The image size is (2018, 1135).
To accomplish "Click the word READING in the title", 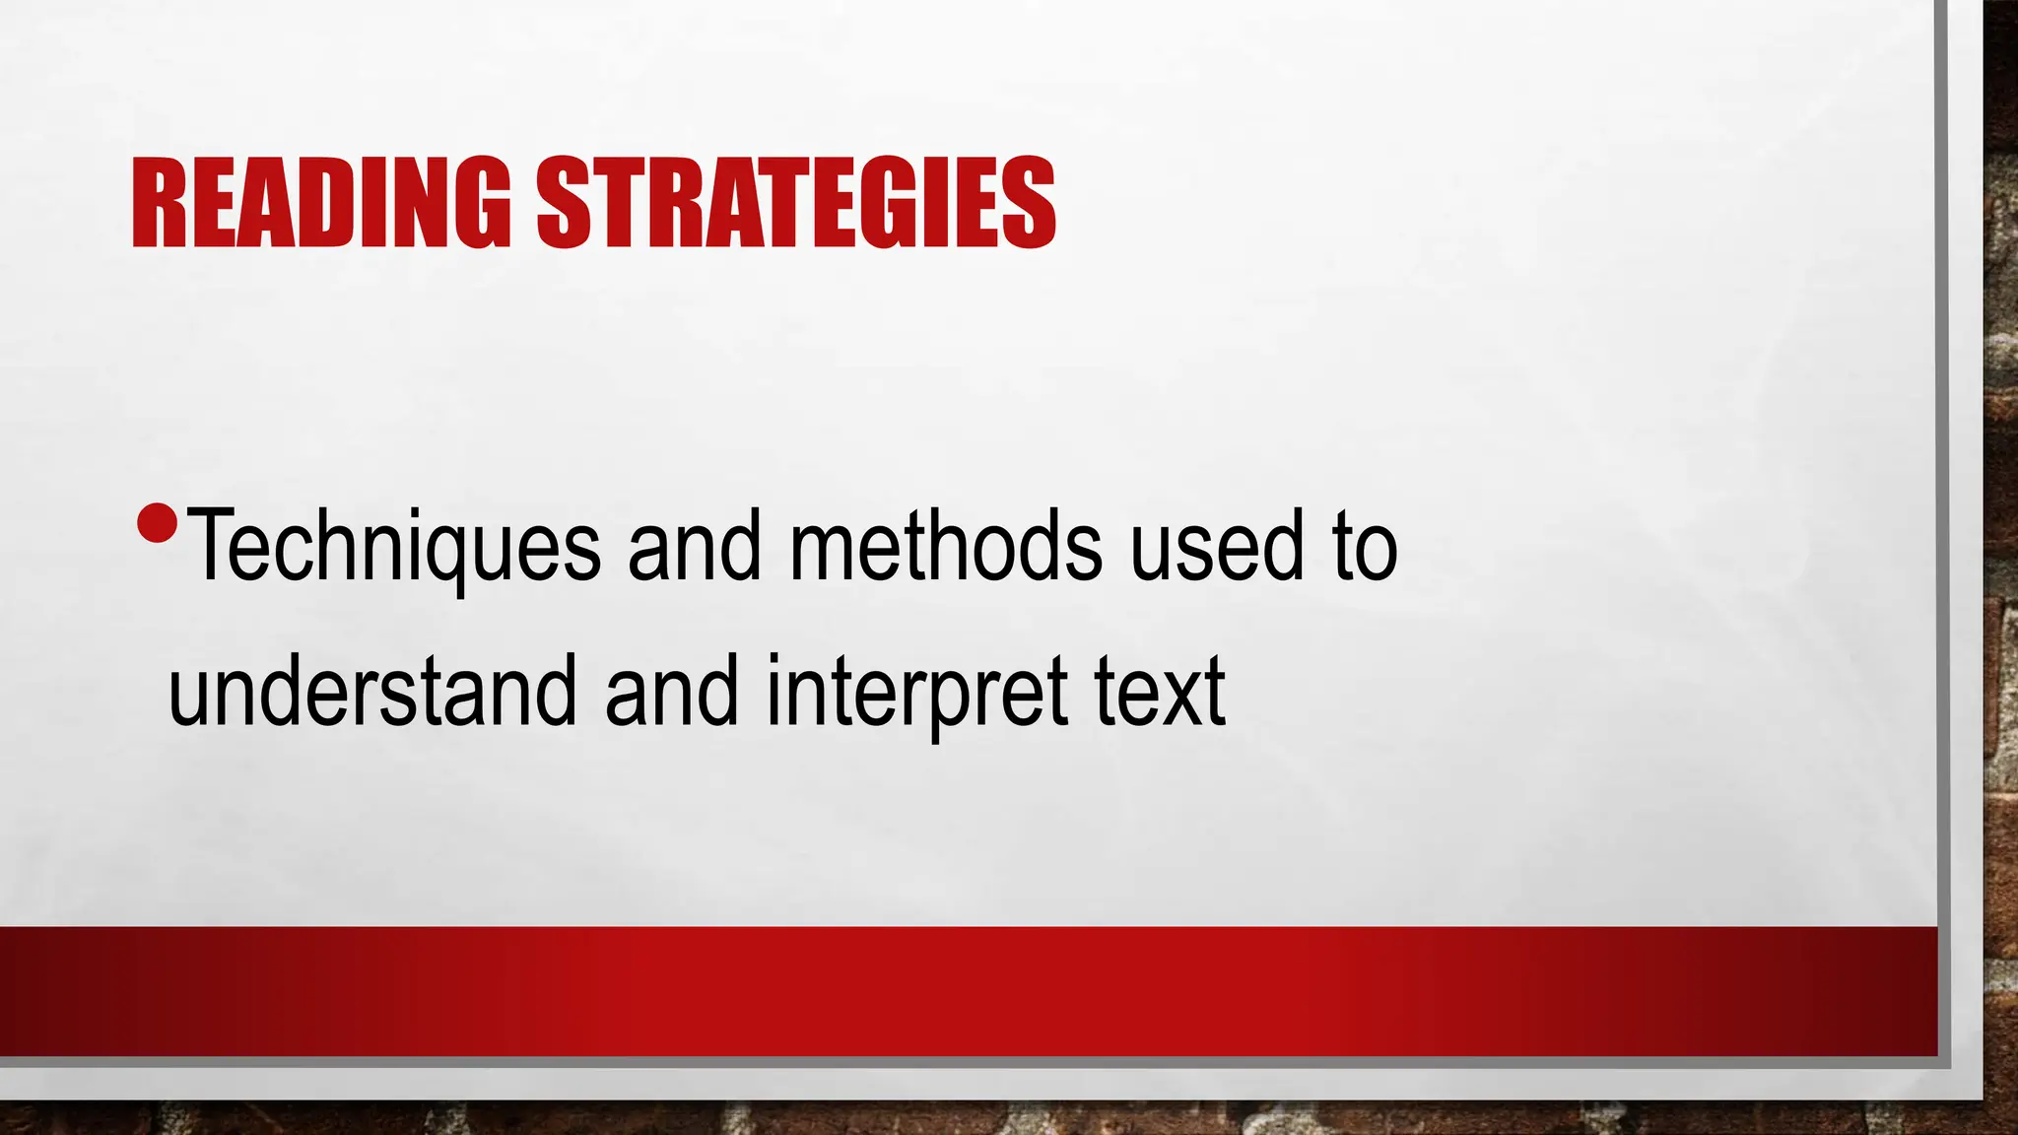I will pyautogui.click(x=321, y=203).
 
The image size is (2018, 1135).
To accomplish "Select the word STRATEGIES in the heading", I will pyautogui.click(x=796, y=203).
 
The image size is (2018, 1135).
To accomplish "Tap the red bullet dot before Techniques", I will pyautogui.click(x=157, y=524).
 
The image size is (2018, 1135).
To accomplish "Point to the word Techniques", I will pyautogui.click(x=393, y=547).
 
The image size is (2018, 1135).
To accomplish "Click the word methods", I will pyautogui.click(x=946, y=547).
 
